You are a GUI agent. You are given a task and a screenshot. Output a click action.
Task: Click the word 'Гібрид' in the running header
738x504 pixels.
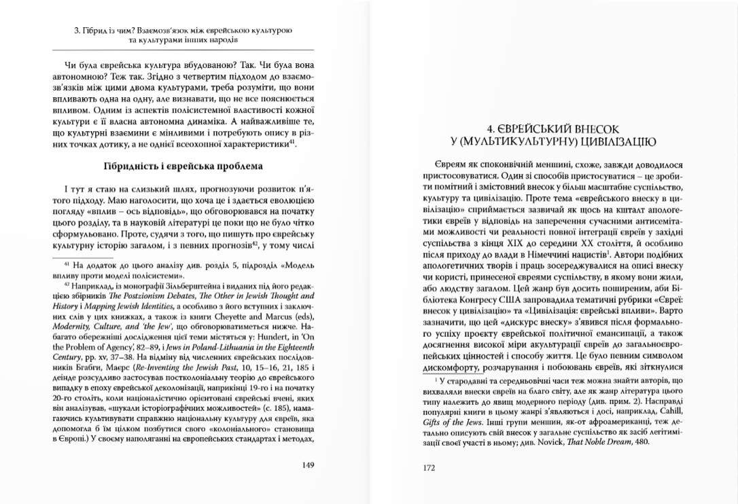click(x=92, y=31)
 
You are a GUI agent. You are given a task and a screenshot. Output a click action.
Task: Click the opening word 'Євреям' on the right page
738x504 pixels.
click(x=446, y=166)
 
